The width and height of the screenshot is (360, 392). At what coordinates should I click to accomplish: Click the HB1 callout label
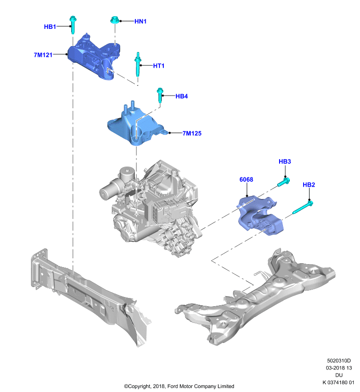pos(50,27)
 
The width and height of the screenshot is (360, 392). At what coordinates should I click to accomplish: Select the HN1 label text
pos(140,22)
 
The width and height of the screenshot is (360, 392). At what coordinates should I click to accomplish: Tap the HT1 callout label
pos(158,66)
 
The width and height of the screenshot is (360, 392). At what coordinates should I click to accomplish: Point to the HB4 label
pos(181,96)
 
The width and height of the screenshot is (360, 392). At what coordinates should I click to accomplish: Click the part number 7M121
pos(43,55)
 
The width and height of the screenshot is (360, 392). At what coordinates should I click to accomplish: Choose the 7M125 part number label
pos(192,133)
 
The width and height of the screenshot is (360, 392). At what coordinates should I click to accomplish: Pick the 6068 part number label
pos(246,179)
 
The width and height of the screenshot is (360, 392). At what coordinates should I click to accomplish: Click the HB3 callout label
pos(284,162)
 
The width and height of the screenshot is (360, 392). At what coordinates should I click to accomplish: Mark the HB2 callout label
pos(309,185)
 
